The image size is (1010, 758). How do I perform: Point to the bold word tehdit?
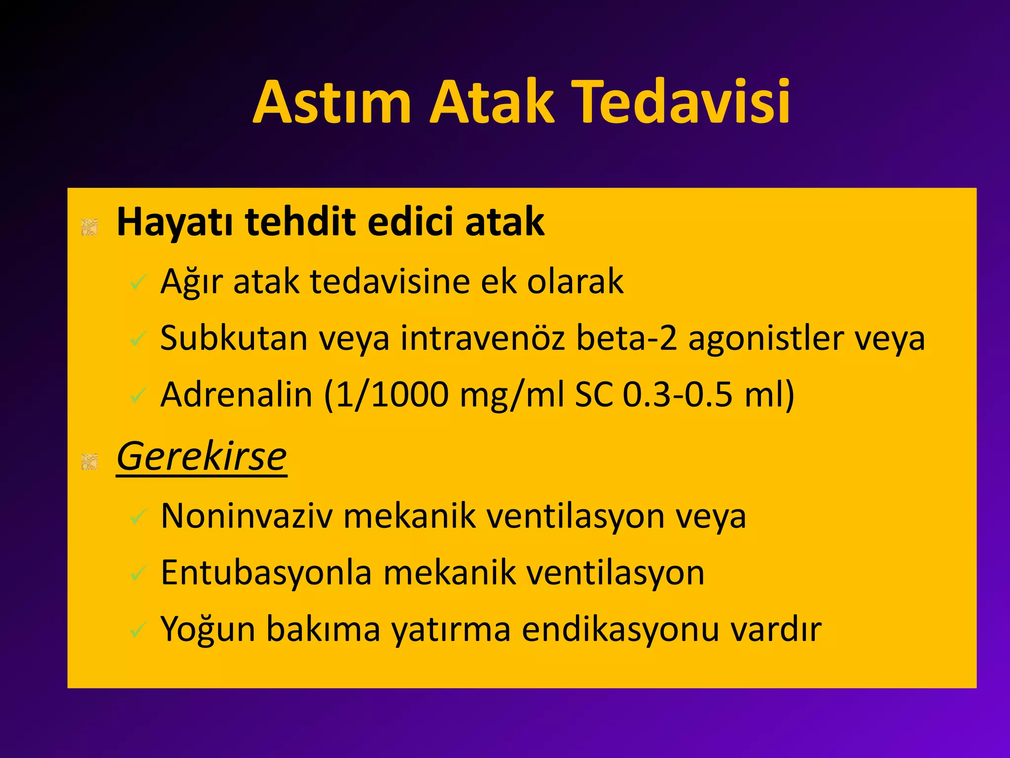[300, 222]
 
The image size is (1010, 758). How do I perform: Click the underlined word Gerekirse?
[201, 457]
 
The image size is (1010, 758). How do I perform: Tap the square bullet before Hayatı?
[90, 227]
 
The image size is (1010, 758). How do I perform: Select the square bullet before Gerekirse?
[90, 461]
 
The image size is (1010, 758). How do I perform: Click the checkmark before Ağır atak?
[138, 282]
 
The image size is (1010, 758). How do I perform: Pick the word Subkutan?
[233, 339]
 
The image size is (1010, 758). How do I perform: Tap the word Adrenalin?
[237, 395]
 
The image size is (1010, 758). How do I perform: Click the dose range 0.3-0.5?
[678, 395]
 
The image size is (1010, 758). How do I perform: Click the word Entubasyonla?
[266, 573]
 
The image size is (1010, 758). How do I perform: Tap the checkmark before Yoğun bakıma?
[138, 630]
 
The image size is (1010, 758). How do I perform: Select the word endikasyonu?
[620, 629]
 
